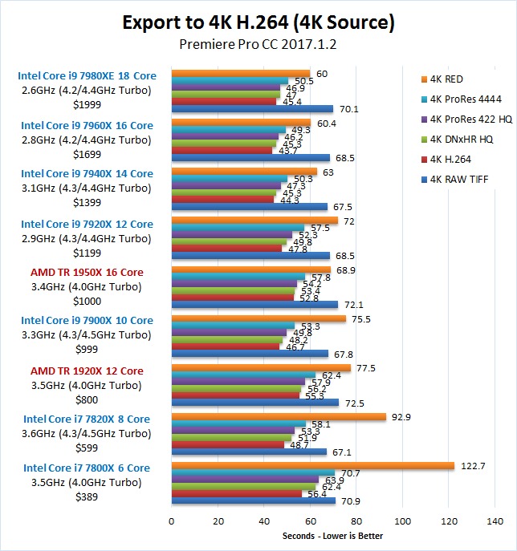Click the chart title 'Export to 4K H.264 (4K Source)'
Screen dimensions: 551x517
pos(258,22)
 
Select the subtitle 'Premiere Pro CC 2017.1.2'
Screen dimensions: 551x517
pos(258,45)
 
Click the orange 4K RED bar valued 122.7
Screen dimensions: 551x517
pos(312,465)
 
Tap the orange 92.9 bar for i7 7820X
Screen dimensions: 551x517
pos(278,416)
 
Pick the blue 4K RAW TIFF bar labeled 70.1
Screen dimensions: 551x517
pos(251,109)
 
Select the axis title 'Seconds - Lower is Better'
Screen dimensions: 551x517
pos(332,536)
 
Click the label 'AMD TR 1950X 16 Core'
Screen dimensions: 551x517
pos(87,273)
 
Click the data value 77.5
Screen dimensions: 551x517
pos(364,368)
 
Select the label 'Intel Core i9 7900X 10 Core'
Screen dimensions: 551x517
pos(87,321)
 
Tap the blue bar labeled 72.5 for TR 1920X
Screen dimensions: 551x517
pos(254,403)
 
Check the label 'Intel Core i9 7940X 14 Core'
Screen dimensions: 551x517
pos(87,174)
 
